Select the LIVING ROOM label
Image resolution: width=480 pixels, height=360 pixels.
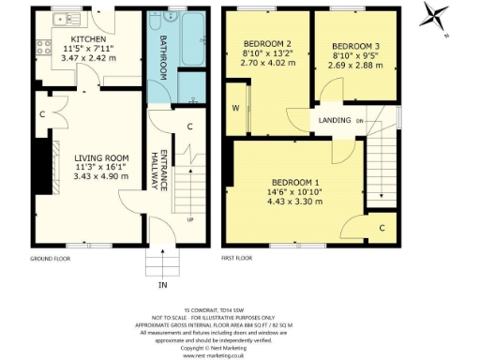[x=82, y=145]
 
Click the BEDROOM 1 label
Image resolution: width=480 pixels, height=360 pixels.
[x=296, y=181]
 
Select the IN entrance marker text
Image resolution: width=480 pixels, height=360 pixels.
[x=161, y=284]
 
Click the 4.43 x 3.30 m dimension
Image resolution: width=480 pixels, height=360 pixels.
[x=296, y=203]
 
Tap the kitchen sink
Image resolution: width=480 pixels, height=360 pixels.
[x=66, y=18]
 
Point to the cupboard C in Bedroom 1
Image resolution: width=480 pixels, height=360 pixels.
[x=382, y=227]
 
